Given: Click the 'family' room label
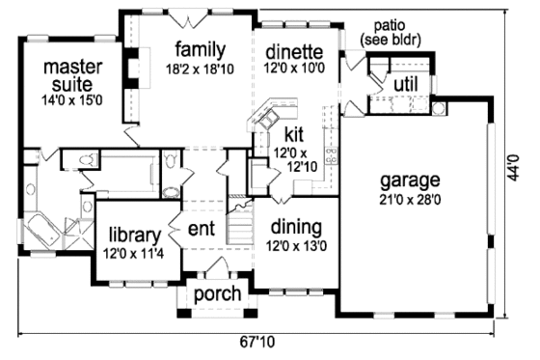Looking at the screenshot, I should point(200,49).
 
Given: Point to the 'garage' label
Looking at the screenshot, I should point(409,180).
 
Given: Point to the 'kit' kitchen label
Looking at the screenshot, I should point(294,134).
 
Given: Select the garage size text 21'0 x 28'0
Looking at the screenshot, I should point(409,199).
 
